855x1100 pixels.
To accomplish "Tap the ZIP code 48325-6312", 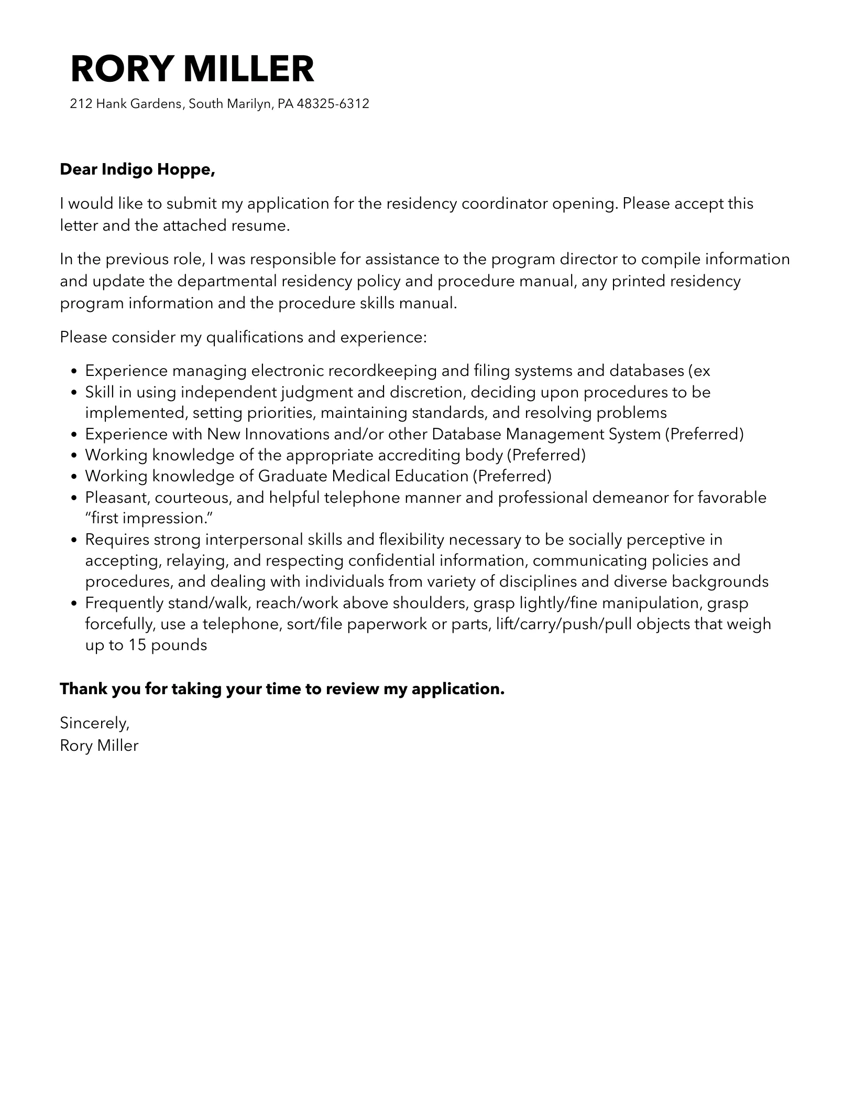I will (x=333, y=104).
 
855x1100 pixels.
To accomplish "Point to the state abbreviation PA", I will (x=285, y=104).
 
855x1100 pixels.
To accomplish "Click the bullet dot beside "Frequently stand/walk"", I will (x=74, y=603).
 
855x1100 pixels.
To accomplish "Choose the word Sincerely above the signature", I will (x=94, y=723).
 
